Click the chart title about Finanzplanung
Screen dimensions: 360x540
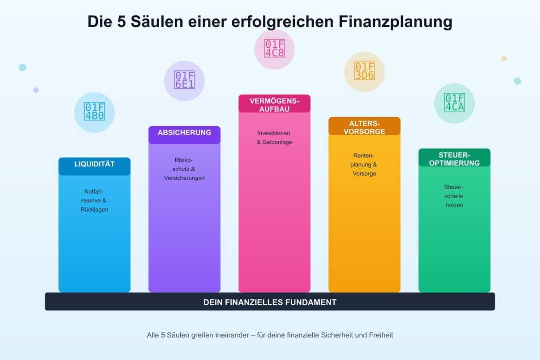tap(270, 22)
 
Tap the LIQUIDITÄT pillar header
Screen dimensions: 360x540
tap(94, 164)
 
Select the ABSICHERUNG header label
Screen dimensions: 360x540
tap(184, 133)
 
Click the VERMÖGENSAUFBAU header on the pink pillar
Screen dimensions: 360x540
tap(274, 104)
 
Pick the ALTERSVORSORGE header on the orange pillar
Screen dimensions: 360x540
tap(364, 127)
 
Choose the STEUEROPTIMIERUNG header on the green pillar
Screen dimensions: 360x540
tap(454, 159)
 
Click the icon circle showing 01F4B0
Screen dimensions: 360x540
tap(94, 112)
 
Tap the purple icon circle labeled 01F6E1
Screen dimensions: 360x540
tap(184, 81)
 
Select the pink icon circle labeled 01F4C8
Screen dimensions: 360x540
tap(274, 49)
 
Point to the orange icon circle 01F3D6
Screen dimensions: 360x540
tap(364, 72)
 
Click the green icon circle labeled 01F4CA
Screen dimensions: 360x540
tap(454, 103)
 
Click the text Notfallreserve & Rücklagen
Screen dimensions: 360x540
tap(94, 200)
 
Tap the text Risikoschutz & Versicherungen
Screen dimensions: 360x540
tap(184, 169)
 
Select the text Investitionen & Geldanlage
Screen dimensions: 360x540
tap(274, 137)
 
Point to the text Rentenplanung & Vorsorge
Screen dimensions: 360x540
tap(364, 165)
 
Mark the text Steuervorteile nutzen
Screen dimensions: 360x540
tap(454, 196)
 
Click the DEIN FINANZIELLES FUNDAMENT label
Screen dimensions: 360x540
tap(270, 302)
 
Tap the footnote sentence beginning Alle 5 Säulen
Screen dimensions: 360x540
tap(270, 335)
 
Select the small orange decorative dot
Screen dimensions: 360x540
tap(504, 58)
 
